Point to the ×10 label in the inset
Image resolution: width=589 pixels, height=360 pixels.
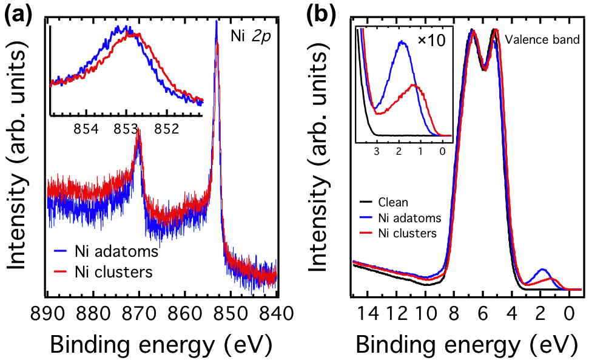coord(431,42)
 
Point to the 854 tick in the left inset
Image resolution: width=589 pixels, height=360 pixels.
coord(86,128)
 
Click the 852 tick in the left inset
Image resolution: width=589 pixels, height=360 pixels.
coord(166,128)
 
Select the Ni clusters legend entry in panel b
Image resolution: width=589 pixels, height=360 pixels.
coord(405,233)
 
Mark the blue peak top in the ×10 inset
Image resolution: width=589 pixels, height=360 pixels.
coord(400,42)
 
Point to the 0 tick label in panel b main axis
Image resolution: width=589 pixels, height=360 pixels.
coord(569,315)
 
